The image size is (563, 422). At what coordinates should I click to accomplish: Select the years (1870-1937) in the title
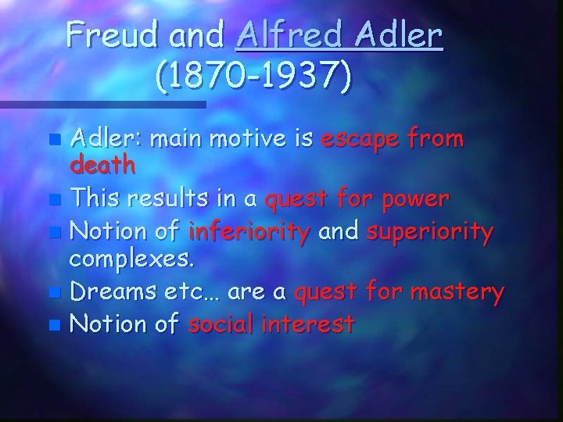[253, 76]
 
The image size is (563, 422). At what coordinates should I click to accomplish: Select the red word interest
[312, 323]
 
